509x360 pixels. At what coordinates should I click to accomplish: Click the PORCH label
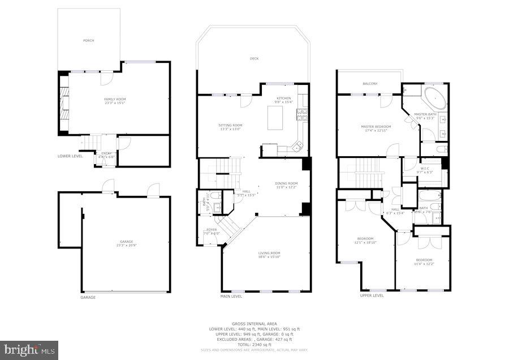tap(89, 41)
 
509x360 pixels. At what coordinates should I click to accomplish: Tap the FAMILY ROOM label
tap(115, 99)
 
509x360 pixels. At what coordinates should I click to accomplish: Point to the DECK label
tap(255, 58)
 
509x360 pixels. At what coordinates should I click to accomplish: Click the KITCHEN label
tap(283, 98)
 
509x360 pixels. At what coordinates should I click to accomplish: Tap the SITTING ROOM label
tap(230, 125)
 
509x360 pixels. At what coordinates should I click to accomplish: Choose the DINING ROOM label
tap(286, 183)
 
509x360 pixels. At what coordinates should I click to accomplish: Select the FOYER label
tap(212, 229)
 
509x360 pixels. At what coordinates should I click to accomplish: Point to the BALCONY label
tap(370, 84)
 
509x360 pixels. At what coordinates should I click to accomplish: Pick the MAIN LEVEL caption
tap(231, 296)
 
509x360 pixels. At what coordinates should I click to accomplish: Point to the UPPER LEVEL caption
tap(372, 295)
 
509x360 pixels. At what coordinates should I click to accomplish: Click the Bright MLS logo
tap(29, 350)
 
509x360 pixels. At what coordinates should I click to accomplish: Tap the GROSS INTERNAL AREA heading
tap(254, 324)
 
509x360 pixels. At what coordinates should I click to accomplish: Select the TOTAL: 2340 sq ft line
tap(254, 344)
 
